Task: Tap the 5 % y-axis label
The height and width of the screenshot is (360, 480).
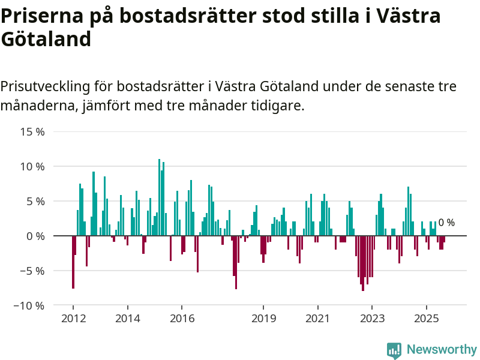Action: pos(35,201)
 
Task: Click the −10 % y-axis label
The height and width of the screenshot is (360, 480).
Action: pos(29,305)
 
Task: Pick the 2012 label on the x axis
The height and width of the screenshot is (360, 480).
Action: pos(73,318)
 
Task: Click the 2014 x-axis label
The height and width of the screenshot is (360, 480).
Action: pos(127,318)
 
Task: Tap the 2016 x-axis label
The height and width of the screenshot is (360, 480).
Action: pos(182,318)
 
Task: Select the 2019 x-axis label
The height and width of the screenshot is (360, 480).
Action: pos(263,318)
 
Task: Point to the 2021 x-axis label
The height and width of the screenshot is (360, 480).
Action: pos(317,318)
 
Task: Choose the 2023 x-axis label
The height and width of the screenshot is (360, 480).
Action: pos(372,318)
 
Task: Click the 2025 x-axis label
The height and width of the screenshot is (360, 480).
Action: pos(426,318)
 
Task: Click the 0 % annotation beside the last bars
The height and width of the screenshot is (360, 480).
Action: pos(446,223)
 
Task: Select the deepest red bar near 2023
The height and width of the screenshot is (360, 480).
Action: pos(363,263)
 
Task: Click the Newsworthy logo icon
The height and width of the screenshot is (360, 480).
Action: pos(394,350)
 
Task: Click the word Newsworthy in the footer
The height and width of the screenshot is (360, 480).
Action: pos(442,349)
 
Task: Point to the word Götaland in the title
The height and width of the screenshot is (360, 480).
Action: pos(46,39)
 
